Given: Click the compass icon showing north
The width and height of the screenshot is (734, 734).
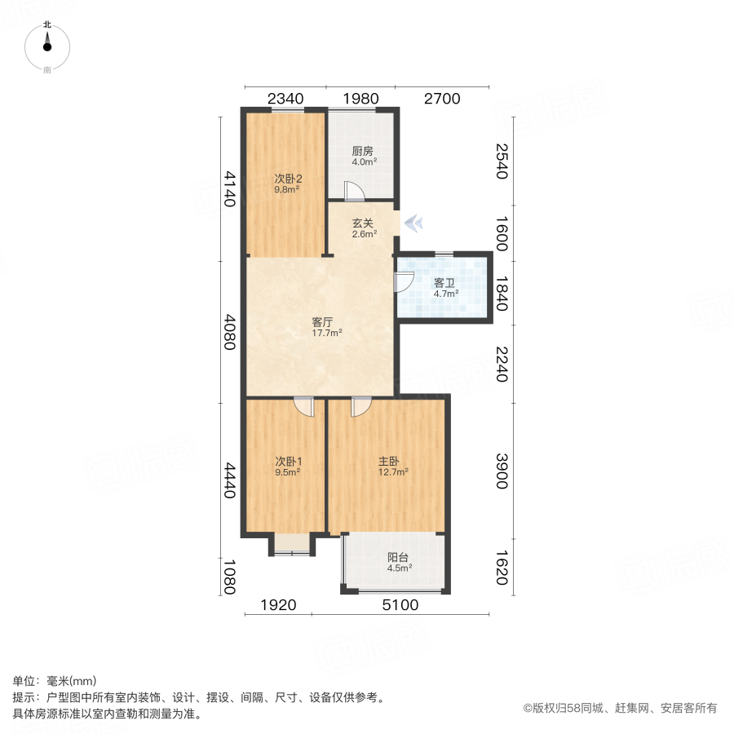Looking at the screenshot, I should [47, 47].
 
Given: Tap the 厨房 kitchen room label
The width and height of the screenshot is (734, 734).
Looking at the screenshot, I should [363, 152].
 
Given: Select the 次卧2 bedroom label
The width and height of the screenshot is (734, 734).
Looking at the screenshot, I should [287, 179].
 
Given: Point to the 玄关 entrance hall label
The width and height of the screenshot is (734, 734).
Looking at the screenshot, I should [364, 223].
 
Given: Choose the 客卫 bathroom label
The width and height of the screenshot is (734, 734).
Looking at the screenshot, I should [445, 283].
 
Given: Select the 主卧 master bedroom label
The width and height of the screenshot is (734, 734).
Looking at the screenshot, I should [388, 461].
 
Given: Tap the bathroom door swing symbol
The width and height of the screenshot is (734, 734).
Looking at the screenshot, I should [402, 282].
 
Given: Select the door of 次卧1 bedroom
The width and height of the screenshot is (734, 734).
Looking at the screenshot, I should [303, 405].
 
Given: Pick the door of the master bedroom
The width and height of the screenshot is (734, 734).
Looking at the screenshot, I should [360, 405].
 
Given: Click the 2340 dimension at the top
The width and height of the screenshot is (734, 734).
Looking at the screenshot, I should [285, 99].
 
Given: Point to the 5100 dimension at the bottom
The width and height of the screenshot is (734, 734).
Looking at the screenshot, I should [400, 604].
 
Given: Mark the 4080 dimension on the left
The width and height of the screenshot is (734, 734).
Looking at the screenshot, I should [230, 332].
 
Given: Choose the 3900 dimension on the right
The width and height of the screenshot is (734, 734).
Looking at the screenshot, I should [501, 471].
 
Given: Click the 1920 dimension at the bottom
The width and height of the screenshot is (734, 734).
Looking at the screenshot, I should [277, 604].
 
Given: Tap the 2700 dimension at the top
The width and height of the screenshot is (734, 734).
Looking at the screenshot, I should [442, 99].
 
